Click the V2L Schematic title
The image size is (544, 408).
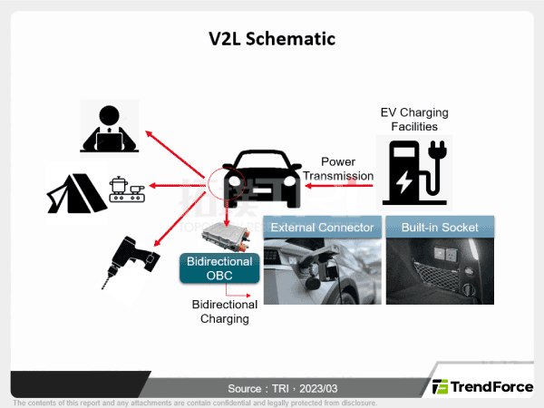pos(272,39)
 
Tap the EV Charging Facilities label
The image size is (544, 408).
pos(414,119)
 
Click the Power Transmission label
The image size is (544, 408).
pos(337,169)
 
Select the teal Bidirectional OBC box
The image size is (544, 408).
pos(219,267)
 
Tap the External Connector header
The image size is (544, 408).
pos(322,227)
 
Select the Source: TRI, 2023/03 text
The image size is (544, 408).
pos(271,387)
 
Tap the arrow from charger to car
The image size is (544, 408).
pos(339,186)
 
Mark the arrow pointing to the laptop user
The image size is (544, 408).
pos(176,155)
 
